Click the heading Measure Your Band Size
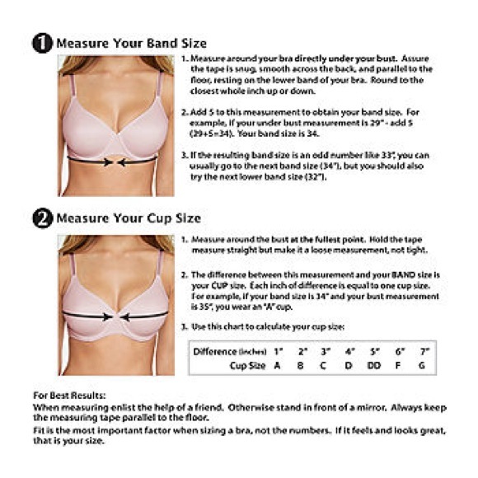click(131, 43)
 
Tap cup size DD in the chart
click(373, 365)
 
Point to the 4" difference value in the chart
click(349, 351)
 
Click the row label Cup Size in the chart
click(247, 365)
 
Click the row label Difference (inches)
click(228, 351)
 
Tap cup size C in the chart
click(324, 365)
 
